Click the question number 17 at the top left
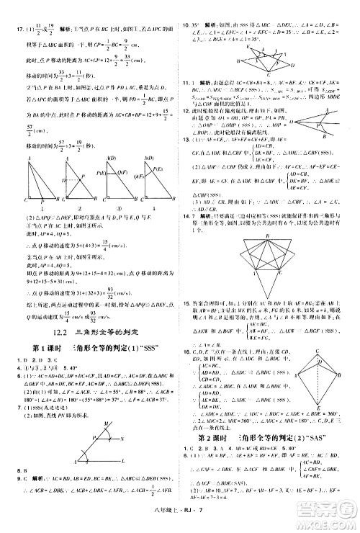click(x=10, y=11)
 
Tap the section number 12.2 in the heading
click(x=61, y=270)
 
